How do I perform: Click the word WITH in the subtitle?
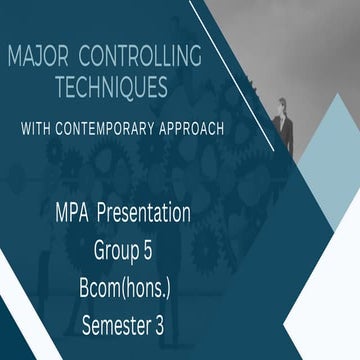[58, 129]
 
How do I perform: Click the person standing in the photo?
[283, 125]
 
